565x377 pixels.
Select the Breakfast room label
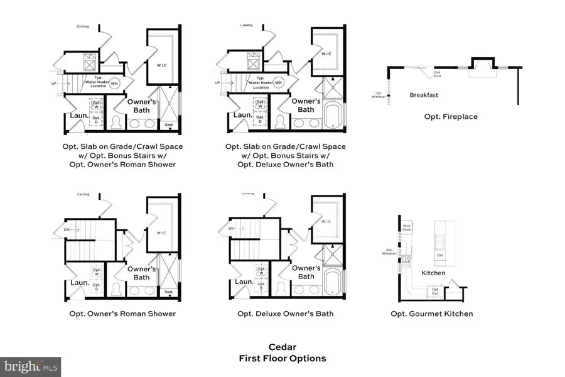point(424,96)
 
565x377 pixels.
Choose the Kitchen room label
point(433,273)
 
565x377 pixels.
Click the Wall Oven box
point(407,227)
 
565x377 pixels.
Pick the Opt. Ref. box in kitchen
point(434,292)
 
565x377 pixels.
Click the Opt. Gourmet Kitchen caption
point(432,314)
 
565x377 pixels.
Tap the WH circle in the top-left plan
point(114,83)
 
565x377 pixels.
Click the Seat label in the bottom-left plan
point(168,292)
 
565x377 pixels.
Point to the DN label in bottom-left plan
point(67,230)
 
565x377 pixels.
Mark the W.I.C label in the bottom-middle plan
point(326,221)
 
